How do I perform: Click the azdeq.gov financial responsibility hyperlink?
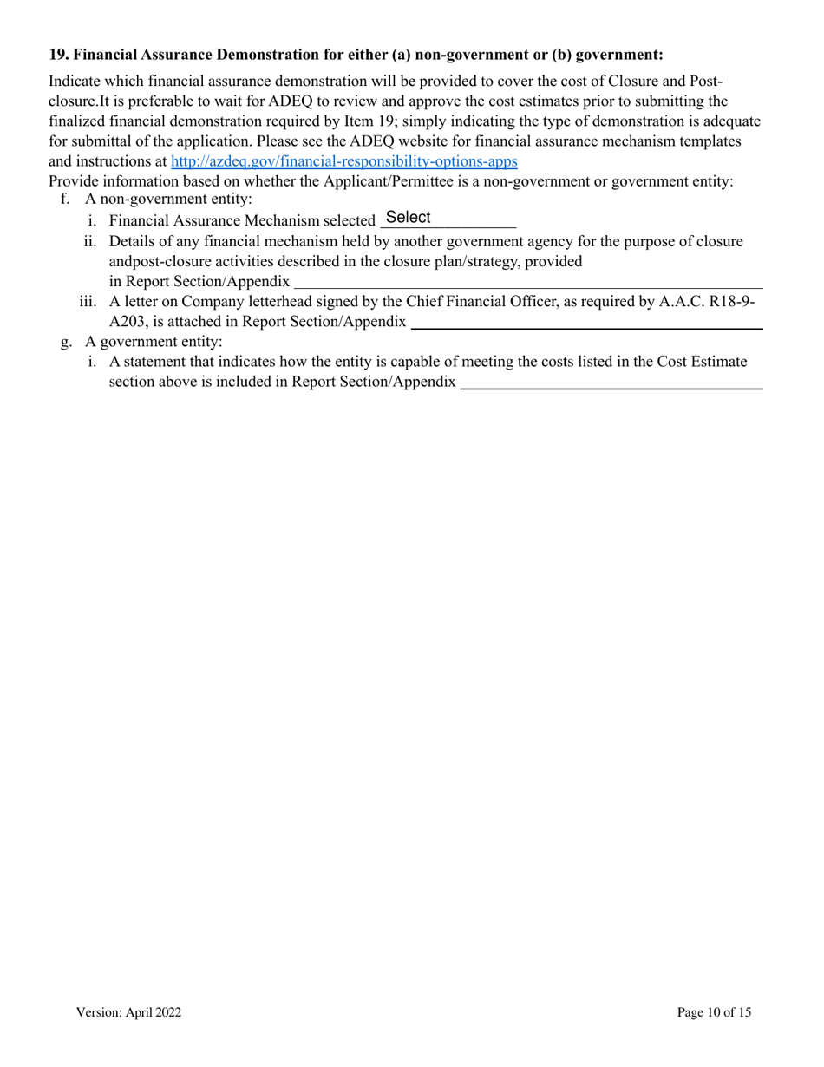click(x=343, y=161)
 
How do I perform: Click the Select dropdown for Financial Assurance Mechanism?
click(x=448, y=219)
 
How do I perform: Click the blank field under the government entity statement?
click(x=611, y=383)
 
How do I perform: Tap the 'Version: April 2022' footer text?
click(x=128, y=1012)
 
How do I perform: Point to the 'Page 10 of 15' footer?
click(x=714, y=1012)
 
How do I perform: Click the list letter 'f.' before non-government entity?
click(x=66, y=200)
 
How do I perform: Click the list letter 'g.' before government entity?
click(x=66, y=342)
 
